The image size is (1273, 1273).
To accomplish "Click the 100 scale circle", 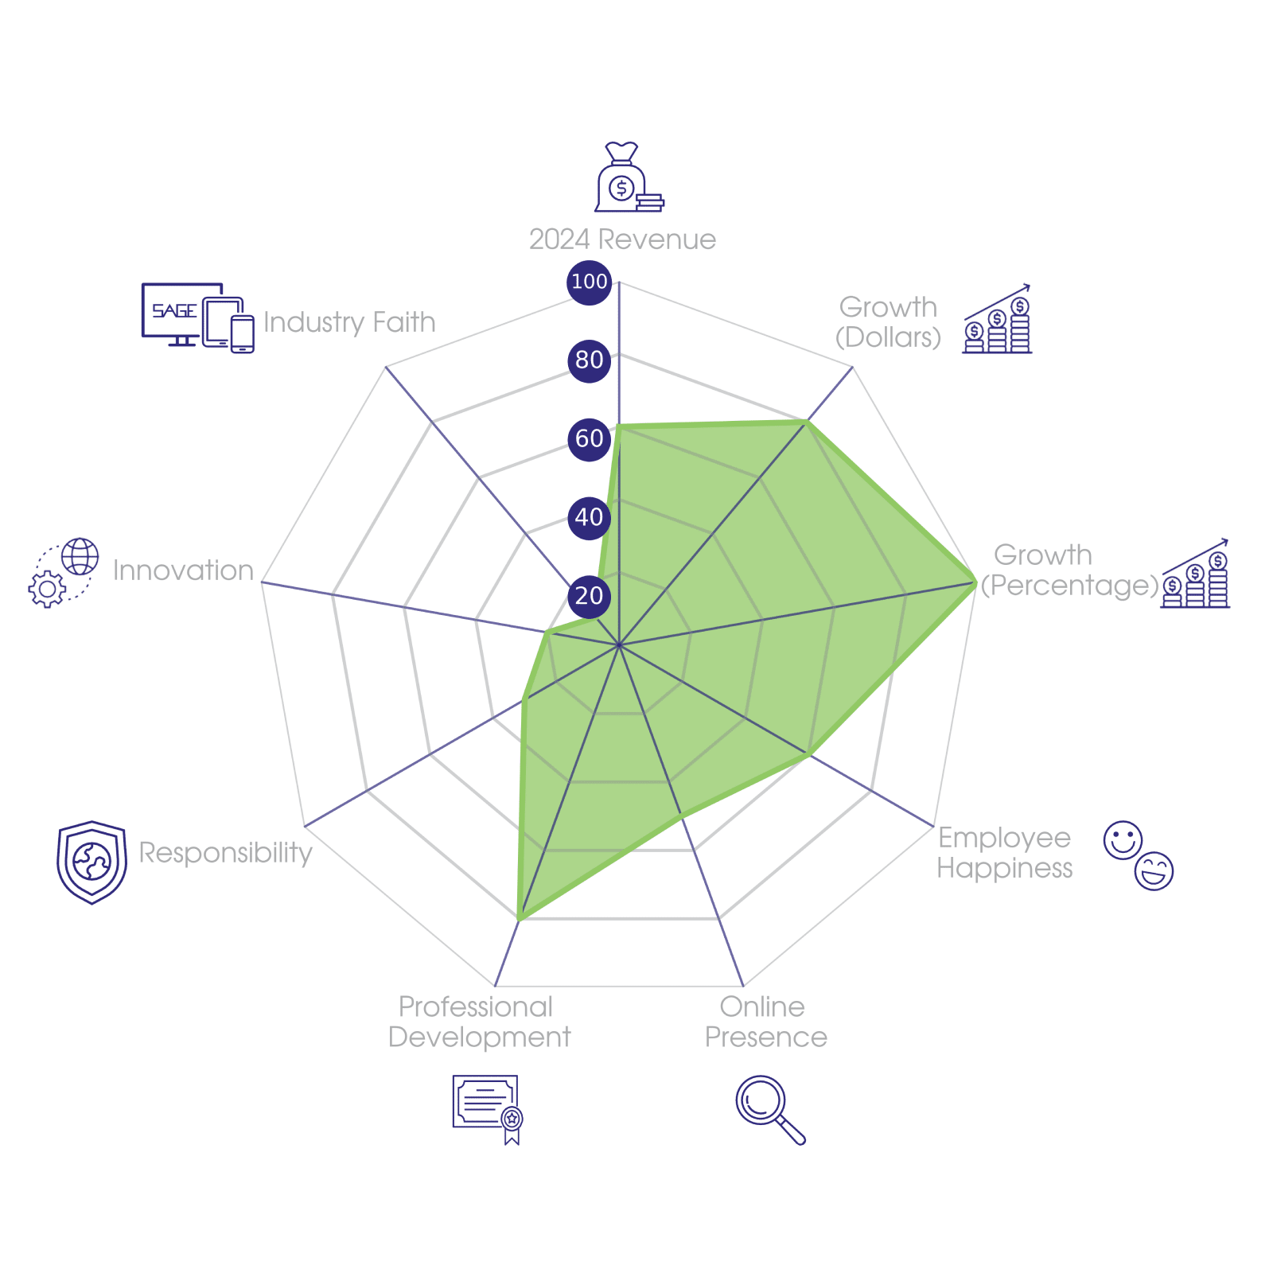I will click(589, 282).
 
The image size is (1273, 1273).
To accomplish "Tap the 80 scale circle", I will click(589, 360).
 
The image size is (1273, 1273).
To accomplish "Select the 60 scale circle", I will click(589, 438).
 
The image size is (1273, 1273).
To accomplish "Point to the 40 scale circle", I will click(589, 517).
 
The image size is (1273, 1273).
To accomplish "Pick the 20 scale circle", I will click(589, 595).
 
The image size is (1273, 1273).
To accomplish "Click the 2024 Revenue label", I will click(622, 239).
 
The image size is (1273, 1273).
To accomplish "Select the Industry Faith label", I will click(349, 322).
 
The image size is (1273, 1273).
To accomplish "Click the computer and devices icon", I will click(197, 317).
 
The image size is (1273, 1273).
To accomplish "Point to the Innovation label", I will click(183, 570).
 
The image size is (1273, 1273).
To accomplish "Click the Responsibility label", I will click(225, 853).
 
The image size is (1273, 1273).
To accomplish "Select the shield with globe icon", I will click(92, 862).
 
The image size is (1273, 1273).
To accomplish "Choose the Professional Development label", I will click(479, 1022).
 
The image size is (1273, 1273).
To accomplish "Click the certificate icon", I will click(487, 1108).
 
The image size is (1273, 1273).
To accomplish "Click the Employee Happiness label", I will click(1004, 853).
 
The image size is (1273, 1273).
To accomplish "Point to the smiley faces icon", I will click(1139, 855).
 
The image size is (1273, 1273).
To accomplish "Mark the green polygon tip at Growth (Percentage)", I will click(975, 582).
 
